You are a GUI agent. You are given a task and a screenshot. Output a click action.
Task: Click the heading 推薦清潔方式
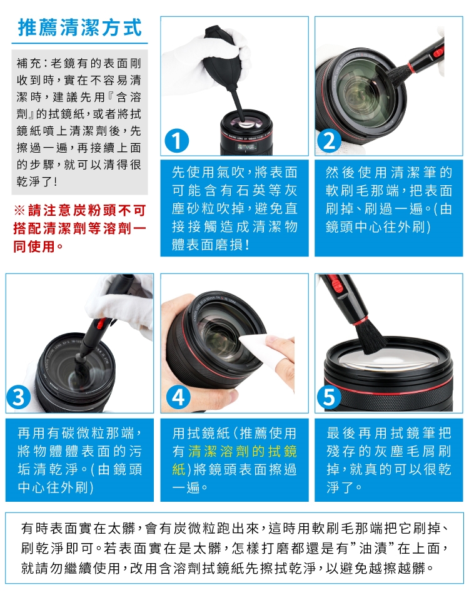79,28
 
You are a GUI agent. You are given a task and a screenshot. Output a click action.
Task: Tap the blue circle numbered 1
177,141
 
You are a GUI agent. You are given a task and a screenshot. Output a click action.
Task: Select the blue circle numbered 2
330,141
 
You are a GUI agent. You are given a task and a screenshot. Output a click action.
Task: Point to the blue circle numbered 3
19,398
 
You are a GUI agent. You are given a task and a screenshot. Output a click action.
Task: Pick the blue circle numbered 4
178,398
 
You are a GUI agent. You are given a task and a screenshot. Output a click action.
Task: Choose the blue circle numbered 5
329,398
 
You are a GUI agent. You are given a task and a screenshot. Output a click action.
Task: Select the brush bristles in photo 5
371,335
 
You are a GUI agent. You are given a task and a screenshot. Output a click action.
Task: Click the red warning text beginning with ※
79,228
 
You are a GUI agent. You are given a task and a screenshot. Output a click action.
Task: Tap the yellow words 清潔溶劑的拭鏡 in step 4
242,451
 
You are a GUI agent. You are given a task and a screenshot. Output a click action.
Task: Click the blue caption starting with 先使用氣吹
234,208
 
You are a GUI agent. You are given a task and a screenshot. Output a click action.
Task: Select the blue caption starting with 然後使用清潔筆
388,199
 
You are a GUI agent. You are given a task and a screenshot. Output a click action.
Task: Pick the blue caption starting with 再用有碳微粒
80,460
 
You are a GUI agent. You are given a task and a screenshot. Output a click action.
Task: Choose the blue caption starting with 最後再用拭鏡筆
388,460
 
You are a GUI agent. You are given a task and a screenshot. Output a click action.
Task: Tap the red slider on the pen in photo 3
101,323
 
